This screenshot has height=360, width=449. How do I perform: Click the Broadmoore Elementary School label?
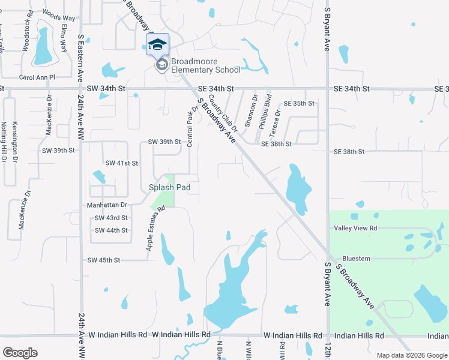point(205,65)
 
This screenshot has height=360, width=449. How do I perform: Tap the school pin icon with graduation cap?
point(158,45)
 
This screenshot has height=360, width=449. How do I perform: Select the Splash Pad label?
point(170,187)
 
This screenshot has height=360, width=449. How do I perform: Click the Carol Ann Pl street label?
point(37,77)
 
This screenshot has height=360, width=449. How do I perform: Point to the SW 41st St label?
point(122,163)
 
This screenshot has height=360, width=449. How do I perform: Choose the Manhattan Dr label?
point(107,205)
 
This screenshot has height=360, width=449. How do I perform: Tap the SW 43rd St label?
point(111,218)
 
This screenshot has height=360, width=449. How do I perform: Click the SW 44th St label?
point(111,230)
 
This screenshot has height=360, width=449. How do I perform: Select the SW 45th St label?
point(104,260)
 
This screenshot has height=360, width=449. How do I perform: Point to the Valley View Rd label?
point(355,228)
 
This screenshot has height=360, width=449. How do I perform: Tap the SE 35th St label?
point(299,104)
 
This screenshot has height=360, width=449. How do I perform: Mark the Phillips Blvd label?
point(265,111)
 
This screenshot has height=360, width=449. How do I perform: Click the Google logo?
point(20,353)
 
